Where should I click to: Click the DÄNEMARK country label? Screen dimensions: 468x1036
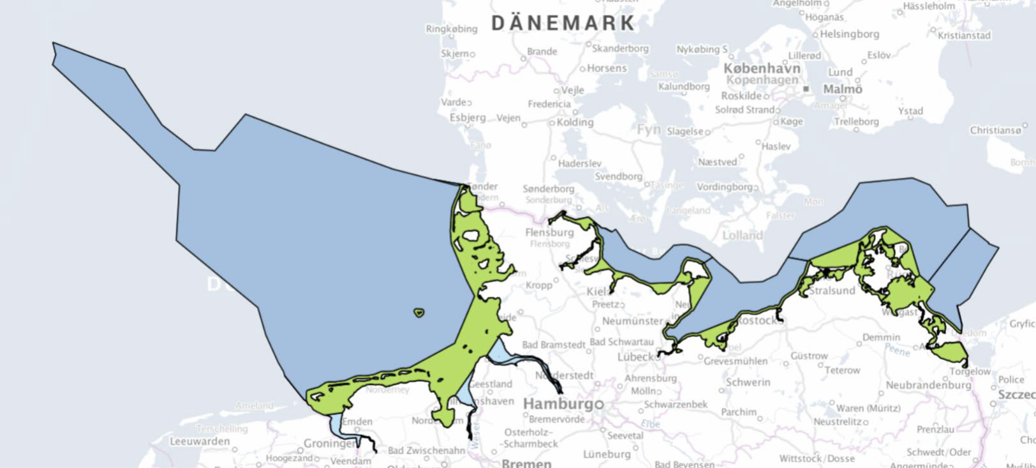563,23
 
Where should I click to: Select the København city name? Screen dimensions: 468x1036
762,68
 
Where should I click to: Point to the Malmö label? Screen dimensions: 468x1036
842,89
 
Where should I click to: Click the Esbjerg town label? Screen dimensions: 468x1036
468,117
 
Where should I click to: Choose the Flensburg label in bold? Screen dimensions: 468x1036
549,232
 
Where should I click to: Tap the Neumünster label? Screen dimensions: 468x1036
632,321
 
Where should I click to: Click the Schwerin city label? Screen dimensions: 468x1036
748,382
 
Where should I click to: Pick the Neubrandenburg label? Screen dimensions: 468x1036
928,385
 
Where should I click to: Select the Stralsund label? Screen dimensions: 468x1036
832,291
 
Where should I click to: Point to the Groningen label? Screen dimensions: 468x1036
330,442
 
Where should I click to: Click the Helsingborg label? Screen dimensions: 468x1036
849,34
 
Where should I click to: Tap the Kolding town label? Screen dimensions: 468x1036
575,122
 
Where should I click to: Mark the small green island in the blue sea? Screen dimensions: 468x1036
418,313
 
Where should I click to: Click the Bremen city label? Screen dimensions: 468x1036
526,463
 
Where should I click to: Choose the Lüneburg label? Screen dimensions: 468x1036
607,454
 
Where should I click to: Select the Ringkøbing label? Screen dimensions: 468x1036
451,29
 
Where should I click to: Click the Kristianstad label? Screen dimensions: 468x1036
964,35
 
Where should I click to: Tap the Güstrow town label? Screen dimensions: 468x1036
809,356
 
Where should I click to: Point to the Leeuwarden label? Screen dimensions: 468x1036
200,441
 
